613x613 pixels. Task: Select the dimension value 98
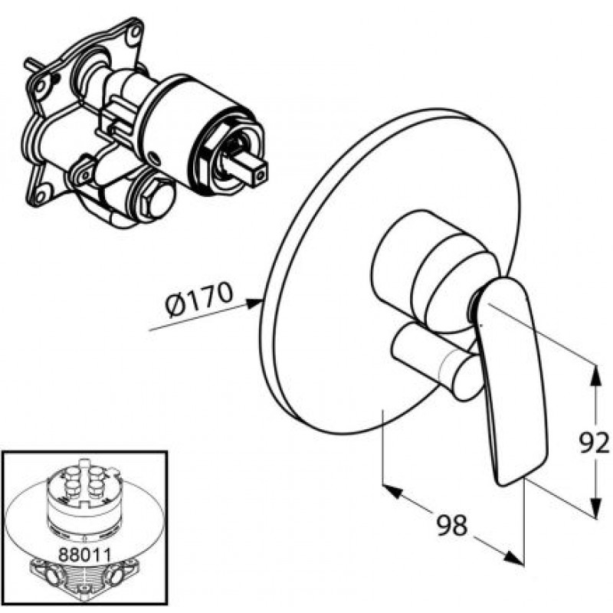451,525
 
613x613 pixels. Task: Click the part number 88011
85,554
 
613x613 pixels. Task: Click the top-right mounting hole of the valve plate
135,32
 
